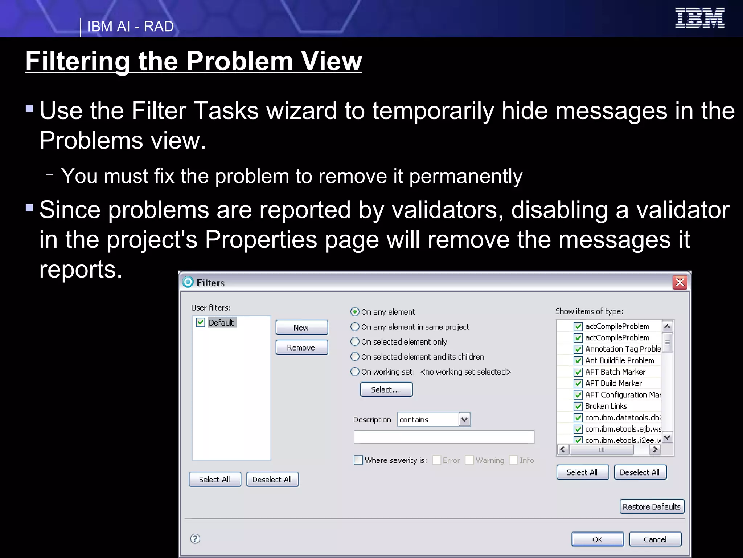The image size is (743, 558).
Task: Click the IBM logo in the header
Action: point(699,18)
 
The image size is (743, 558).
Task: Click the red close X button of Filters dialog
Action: point(680,282)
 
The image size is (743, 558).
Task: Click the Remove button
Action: point(301,347)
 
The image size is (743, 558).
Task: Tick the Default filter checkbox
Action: point(201,322)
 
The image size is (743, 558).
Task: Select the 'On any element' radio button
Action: point(355,312)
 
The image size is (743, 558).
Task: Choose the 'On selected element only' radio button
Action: point(355,341)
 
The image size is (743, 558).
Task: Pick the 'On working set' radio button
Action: point(355,371)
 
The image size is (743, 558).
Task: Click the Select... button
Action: point(386,389)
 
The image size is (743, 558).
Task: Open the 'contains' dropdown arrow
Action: point(464,420)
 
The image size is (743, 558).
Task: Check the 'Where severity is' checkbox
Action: point(358,460)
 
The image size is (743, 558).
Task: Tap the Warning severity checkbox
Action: point(469,460)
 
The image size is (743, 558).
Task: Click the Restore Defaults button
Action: point(652,506)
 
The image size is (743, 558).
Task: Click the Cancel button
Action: point(655,539)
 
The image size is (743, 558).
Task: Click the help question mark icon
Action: point(195,538)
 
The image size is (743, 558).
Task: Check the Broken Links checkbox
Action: point(578,406)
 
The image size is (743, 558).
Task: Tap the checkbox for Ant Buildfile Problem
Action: point(578,360)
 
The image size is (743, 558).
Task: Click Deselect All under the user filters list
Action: point(272,479)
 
